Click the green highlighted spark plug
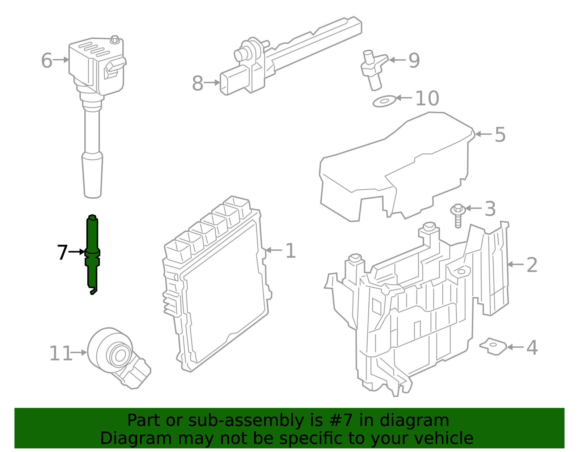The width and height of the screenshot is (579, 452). pyautogui.click(x=92, y=253)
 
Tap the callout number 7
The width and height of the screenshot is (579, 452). pyautogui.click(x=62, y=252)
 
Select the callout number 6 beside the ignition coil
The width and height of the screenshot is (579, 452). pyautogui.click(x=46, y=60)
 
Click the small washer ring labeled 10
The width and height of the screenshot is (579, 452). pyautogui.click(x=384, y=101)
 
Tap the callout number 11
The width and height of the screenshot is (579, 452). pyautogui.click(x=60, y=354)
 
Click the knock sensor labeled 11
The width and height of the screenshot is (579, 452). pyautogui.click(x=116, y=353)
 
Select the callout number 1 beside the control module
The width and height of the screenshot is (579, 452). pyautogui.click(x=291, y=251)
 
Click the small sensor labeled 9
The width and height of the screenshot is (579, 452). pyautogui.click(x=373, y=69)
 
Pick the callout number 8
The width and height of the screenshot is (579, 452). pyautogui.click(x=198, y=83)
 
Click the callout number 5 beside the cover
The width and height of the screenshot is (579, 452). pyautogui.click(x=500, y=135)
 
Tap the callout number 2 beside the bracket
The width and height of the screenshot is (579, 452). pyautogui.click(x=532, y=265)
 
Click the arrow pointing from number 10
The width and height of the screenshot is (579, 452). pyautogui.click(x=404, y=98)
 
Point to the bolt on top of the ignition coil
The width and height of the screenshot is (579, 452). pyautogui.click(x=115, y=39)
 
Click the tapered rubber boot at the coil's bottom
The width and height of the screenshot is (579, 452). pyautogui.click(x=93, y=176)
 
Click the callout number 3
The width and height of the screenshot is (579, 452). pyautogui.click(x=490, y=209)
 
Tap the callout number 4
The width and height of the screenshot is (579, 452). pyautogui.click(x=532, y=347)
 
